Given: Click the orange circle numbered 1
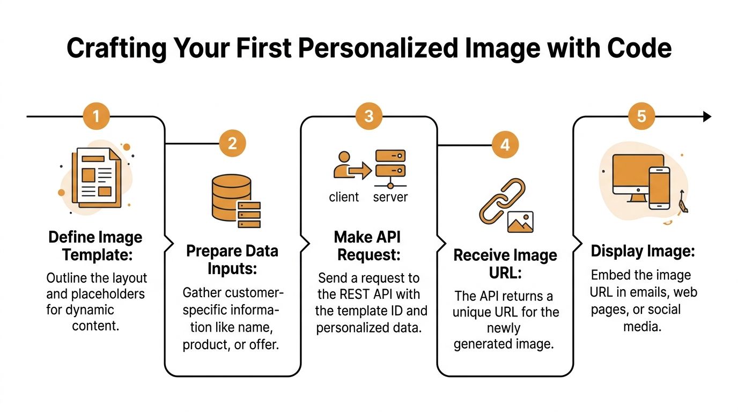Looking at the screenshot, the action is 96,116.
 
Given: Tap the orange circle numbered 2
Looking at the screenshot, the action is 232,143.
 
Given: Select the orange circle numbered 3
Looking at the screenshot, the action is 369,116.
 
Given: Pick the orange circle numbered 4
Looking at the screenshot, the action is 505,145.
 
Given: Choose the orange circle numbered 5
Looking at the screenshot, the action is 641,116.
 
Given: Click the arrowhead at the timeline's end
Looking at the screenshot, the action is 707,116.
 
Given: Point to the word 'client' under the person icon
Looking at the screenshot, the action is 344,197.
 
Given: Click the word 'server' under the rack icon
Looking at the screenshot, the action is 390,197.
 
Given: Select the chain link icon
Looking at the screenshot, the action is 502,201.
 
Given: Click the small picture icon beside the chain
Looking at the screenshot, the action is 520,222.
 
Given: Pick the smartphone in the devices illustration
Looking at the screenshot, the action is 659,188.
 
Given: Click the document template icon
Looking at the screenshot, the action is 96,178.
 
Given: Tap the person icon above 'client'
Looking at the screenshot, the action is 343,165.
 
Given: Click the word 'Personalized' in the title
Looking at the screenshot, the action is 378,48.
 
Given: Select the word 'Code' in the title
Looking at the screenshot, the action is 639,48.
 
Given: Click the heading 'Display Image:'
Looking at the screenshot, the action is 643,251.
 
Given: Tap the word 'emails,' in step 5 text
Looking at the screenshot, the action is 648,292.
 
